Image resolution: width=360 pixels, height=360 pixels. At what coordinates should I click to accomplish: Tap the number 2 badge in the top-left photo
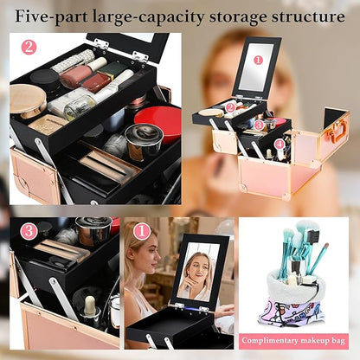(x=29, y=47)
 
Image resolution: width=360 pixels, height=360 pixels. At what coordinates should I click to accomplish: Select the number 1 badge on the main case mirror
(x=256, y=60)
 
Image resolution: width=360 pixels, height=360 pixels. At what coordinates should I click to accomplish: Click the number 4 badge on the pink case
(x=280, y=144)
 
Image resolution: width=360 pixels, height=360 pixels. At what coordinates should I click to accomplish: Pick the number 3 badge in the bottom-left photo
(x=29, y=230)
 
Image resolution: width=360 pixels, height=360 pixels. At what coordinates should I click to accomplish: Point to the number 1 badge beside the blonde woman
(x=141, y=231)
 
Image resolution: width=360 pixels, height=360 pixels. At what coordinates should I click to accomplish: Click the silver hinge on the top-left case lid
(x=101, y=43)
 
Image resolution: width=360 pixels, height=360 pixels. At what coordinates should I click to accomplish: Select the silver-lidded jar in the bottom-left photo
(x=93, y=230)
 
